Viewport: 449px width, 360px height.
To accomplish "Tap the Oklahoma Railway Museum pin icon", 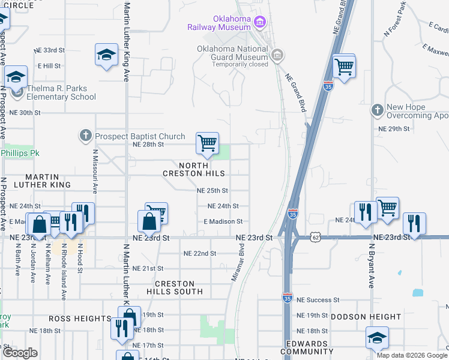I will tap(260, 23).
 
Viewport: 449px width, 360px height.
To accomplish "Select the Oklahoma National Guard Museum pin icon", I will tap(277, 56).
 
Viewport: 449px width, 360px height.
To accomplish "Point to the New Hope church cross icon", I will tap(377, 110).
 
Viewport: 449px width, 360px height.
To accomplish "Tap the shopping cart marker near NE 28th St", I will tap(207, 144).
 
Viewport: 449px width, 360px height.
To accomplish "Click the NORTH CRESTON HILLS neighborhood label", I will tap(194, 169).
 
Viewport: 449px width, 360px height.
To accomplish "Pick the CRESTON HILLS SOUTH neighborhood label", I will tap(175, 287).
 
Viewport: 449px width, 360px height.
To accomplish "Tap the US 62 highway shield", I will tap(316, 238).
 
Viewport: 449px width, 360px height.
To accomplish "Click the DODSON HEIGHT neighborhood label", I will tap(365, 316).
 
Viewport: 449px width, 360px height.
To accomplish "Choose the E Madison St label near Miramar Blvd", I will tap(223, 221).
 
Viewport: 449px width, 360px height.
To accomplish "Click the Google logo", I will tap(20, 352).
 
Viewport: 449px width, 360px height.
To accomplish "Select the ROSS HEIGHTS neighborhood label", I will tap(80, 319).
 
